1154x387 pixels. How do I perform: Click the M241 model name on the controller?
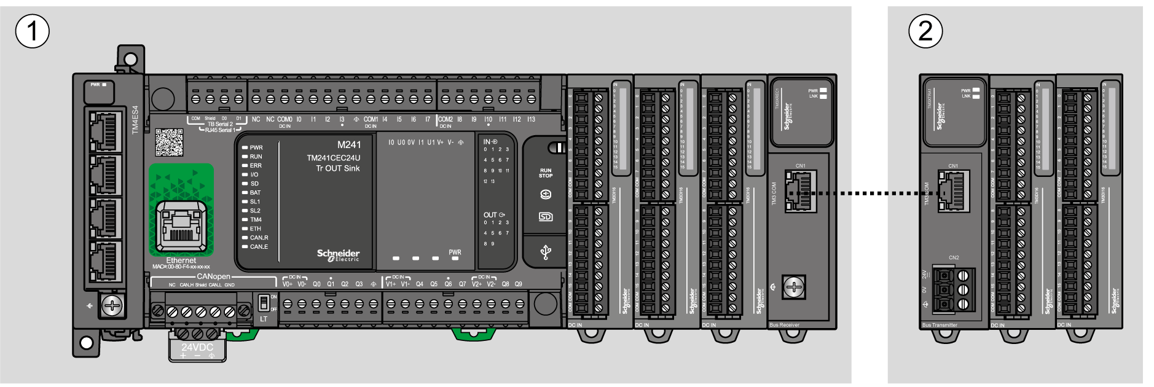point(349,145)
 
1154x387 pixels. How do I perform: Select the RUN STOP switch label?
point(546,173)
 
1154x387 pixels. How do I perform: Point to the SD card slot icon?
point(545,217)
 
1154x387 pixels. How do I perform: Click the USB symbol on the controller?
point(545,252)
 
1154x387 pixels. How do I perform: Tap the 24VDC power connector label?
point(197,347)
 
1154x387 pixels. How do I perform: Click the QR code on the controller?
point(168,143)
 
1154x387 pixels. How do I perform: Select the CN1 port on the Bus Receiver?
point(798,192)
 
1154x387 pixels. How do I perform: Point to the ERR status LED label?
point(256,166)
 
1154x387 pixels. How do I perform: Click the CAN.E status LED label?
point(259,247)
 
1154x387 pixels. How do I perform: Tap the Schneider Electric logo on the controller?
point(338,255)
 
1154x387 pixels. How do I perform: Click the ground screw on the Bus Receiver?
point(794,286)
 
